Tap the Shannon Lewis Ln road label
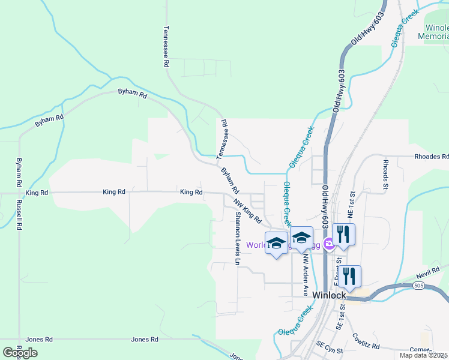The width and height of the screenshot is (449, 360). [237, 239]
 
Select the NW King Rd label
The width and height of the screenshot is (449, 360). [247, 211]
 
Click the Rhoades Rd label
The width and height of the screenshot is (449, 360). [431, 157]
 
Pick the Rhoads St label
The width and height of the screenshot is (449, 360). [385, 174]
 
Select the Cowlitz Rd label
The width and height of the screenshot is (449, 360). [366, 341]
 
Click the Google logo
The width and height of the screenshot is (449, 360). [20, 352]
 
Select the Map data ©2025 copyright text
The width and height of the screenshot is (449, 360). [423, 355]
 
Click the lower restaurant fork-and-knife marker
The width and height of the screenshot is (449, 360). [349, 275]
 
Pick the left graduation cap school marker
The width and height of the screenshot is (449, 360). [276, 242]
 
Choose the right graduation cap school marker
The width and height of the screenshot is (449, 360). [301, 237]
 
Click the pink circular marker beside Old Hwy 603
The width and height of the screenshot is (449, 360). [328, 244]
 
